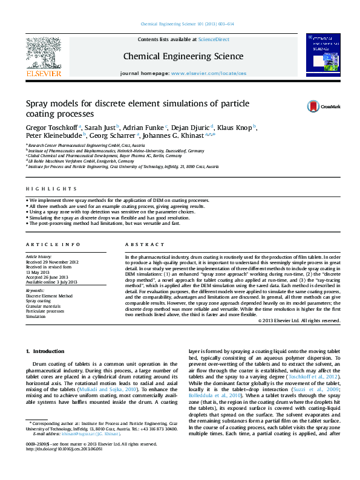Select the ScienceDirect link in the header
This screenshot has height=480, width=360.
(214, 39)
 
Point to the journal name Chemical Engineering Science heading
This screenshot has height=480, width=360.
(183, 57)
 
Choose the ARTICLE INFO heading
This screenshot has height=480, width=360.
(53, 244)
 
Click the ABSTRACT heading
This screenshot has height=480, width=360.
(140, 244)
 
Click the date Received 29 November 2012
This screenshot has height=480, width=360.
(52, 262)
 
